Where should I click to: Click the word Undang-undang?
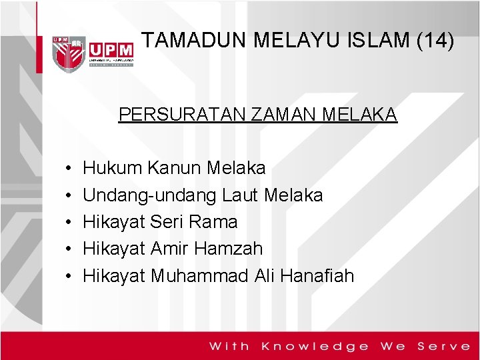(150, 195)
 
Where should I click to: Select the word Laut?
(241, 195)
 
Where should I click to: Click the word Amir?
(170, 249)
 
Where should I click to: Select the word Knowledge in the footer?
(315, 346)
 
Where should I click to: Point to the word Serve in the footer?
(443, 346)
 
